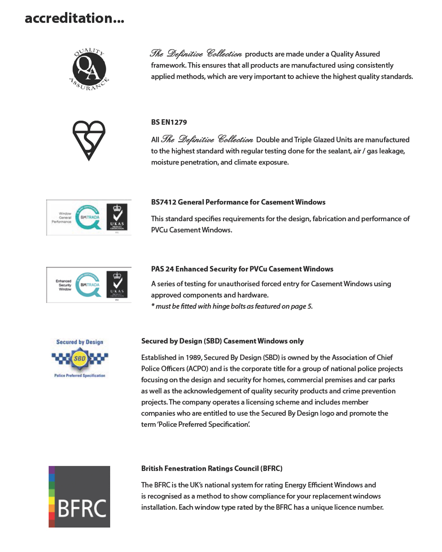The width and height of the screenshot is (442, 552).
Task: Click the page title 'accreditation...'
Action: point(74,18)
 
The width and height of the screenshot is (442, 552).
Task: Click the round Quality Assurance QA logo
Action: point(89,69)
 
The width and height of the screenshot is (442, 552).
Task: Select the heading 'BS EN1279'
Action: point(169,122)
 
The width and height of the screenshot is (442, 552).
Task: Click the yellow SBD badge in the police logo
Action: point(80,358)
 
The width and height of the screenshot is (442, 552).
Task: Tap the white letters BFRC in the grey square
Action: point(82,509)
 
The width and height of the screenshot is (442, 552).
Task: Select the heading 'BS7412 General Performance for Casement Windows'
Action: point(238,202)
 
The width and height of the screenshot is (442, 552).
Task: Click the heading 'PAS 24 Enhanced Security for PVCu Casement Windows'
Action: point(242,269)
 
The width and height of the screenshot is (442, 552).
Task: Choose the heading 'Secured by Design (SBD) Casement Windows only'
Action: point(222,341)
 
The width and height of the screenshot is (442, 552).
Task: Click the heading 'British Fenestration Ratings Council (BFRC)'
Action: point(212,468)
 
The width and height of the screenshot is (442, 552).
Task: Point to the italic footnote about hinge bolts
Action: point(232,306)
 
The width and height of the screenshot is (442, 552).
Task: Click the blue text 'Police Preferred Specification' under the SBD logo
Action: point(80,376)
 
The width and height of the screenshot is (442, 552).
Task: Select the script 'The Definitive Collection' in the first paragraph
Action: point(196,54)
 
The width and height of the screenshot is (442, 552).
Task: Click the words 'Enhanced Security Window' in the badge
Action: point(64,285)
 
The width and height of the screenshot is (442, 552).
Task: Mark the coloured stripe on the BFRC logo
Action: point(52,496)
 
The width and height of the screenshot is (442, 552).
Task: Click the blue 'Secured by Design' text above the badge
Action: point(80,342)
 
